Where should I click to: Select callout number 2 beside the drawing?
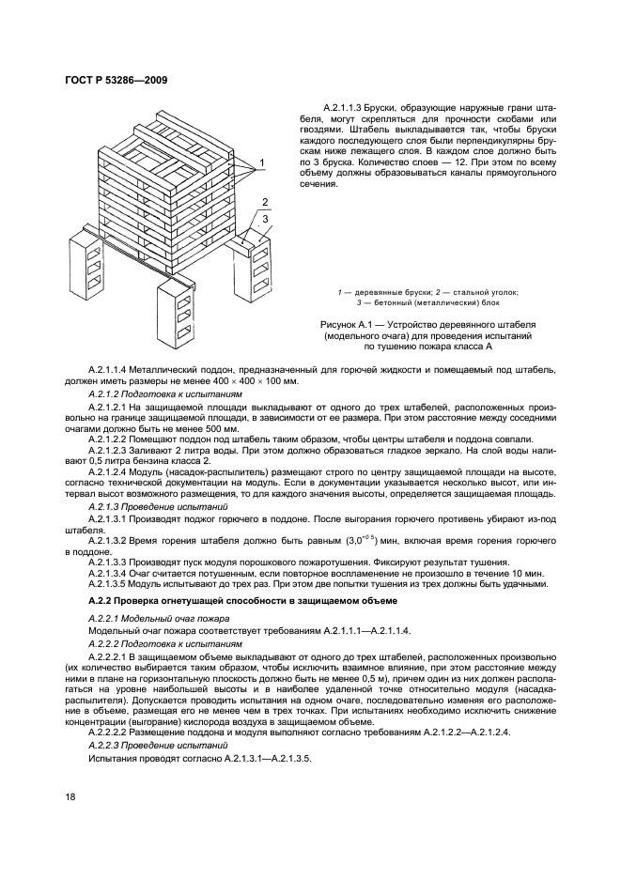[x=267, y=203]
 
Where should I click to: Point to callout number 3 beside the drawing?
[x=267, y=219]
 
